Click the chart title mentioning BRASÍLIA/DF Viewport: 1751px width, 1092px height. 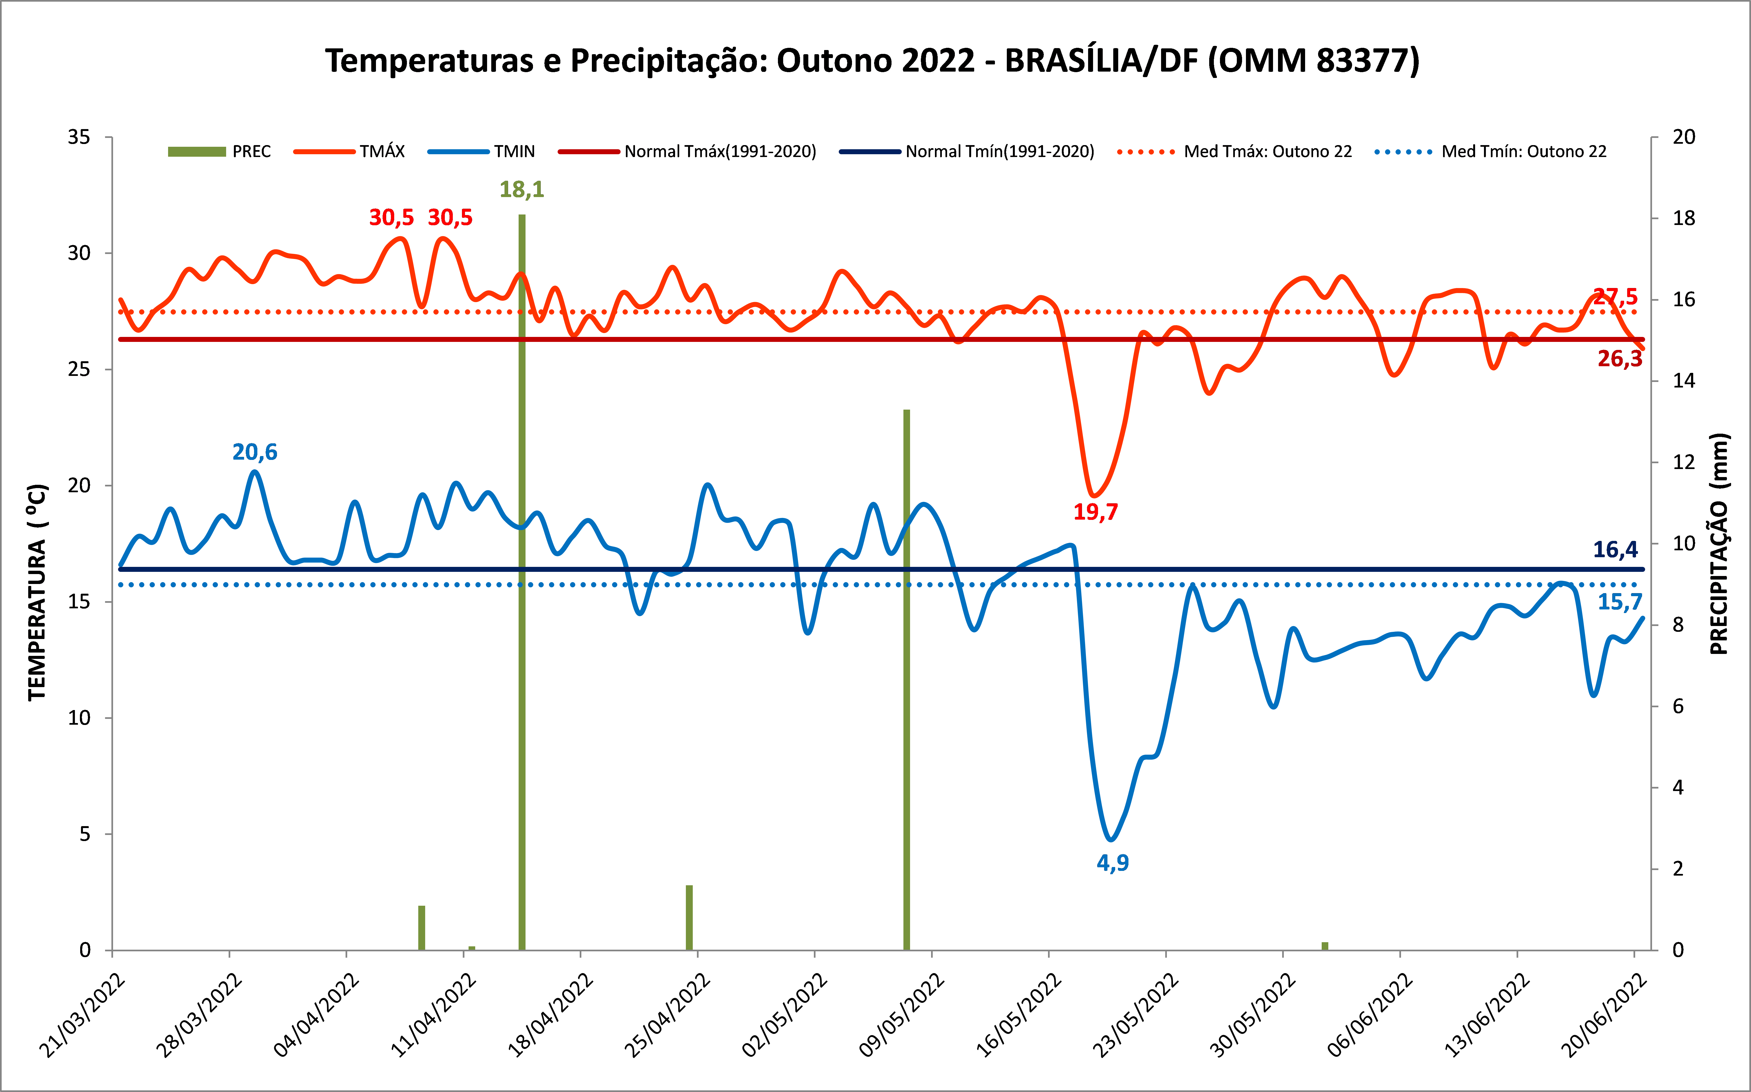coord(872,61)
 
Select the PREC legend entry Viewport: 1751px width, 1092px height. coord(219,152)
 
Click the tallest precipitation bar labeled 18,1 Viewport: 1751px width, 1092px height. coord(522,578)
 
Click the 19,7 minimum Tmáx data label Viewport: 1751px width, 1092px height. coord(1095,512)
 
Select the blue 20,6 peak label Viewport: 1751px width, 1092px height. coord(254,452)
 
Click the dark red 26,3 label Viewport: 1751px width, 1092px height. coord(1619,359)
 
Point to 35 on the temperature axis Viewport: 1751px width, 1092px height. coord(79,137)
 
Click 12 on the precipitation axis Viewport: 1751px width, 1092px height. coord(1684,462)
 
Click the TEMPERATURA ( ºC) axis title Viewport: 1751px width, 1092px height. coord(38,592)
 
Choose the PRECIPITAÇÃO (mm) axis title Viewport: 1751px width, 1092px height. coord(1719,544)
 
